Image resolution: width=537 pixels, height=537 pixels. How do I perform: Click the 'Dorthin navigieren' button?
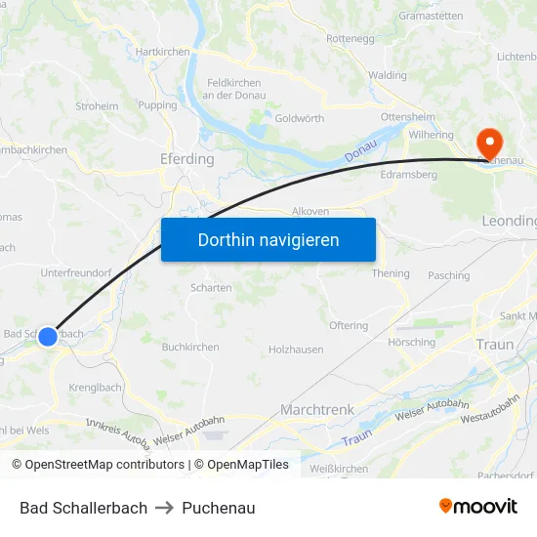point(268,239)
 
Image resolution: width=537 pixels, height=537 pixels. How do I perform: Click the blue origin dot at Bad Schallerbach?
point(48,337)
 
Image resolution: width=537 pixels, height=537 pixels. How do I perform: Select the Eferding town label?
point(186,159)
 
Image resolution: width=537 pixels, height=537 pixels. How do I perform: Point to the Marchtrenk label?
point(317,410)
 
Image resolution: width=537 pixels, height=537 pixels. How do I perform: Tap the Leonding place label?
point(510,222)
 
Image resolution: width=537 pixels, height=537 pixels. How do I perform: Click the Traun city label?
point(495,345)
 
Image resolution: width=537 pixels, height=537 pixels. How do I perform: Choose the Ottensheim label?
point(407,116)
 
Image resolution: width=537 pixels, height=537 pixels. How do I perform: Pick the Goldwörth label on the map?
point(300,118)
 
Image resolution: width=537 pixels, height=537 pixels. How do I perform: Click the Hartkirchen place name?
point(162,52)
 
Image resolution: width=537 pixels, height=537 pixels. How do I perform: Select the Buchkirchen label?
point(190,347)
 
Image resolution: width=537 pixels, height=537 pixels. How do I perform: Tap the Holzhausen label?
point(296,349)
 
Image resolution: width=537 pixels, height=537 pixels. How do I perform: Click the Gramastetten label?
point(431,17)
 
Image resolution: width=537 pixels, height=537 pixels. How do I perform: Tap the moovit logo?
point(478,507)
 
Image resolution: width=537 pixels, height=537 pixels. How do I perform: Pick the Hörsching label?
point(412,343)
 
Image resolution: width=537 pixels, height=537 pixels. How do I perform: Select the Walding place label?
point(388,75)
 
